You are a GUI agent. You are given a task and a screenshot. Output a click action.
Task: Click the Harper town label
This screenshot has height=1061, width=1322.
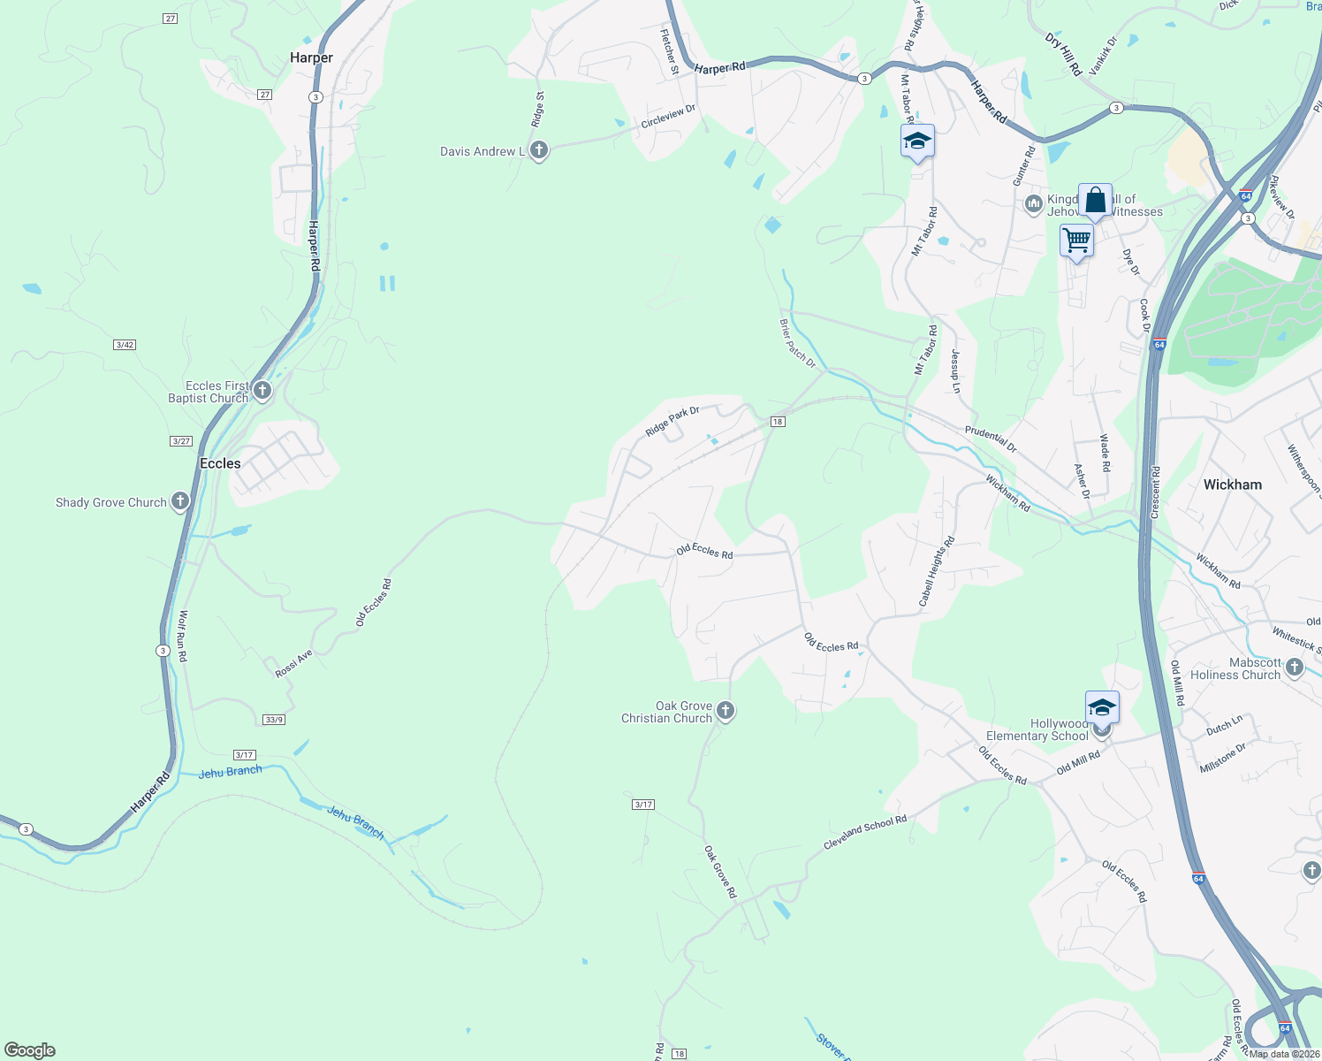(311, 57)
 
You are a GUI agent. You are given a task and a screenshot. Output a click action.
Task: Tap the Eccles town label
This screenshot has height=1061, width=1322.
(220, 463)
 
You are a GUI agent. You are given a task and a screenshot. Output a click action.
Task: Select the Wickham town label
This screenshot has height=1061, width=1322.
(1232, 485)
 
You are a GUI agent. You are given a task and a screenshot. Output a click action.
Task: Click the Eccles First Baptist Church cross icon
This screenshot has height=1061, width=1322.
(262, 390)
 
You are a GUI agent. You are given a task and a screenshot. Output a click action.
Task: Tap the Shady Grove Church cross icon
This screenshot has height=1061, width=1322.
(180, 501)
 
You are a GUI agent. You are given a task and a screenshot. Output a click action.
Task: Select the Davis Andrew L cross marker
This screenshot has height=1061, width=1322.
(538, 150)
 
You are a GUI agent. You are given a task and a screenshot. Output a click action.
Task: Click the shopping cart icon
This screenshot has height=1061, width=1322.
(1076, 239)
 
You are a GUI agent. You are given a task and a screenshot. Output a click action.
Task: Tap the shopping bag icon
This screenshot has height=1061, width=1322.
(1095, 200)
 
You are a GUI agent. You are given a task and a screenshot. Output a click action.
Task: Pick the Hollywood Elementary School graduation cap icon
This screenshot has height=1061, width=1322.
(1102, 707)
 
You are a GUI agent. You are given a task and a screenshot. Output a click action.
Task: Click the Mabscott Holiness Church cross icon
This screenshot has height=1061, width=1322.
(1295, 667)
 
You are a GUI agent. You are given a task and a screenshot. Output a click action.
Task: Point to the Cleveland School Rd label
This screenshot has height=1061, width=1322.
(865, 833)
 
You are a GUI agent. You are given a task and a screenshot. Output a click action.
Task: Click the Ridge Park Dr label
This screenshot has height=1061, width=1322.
(672, 421)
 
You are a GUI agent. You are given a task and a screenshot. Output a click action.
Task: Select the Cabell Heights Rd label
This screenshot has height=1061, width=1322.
(937, 571)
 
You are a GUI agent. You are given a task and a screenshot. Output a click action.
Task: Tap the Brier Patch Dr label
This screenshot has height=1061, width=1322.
(798, 344)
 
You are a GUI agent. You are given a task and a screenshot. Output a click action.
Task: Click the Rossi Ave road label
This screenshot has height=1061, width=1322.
(293, 664)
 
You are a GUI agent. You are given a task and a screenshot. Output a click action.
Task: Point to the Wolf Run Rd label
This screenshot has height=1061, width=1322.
(183, 636)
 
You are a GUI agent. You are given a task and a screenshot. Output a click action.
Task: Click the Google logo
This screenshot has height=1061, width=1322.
(29, 1050)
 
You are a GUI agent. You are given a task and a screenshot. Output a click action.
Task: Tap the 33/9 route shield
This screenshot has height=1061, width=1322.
(274, 720)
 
